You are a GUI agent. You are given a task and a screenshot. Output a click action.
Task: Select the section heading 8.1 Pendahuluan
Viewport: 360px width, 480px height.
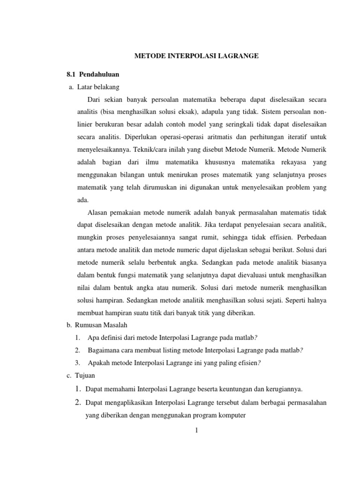pyautogui.click(x=92, y=75)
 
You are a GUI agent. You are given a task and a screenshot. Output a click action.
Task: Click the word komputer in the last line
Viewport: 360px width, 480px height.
pyautogui.click(x=232, y=414)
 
